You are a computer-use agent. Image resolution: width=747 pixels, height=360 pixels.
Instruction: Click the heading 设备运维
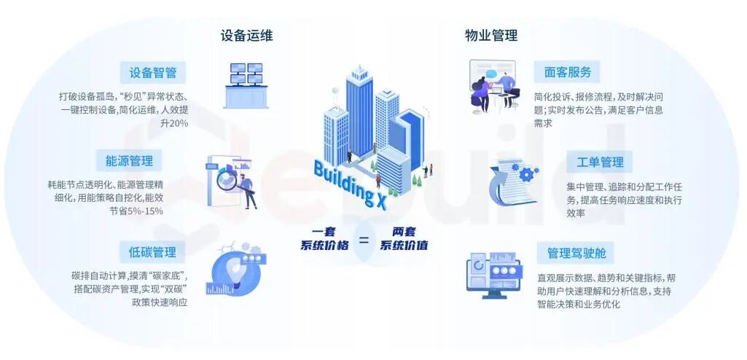click(246, 36)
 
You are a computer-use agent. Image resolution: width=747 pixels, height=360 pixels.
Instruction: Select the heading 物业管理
click(491, 36)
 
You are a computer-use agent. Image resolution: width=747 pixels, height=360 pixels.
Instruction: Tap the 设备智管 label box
click(153, 72)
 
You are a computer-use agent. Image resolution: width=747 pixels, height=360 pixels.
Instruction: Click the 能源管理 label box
click(130, 160)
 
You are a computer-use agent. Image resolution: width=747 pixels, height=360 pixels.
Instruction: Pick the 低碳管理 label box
click(152, 252)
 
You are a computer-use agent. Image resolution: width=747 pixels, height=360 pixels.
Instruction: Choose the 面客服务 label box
click(567, 72)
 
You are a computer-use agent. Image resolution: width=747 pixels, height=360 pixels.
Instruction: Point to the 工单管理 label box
click(600, 162)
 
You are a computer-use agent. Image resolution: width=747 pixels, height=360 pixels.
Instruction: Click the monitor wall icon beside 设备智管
click(246, 86)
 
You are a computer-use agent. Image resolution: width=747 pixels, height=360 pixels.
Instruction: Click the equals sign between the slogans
click(364, 240)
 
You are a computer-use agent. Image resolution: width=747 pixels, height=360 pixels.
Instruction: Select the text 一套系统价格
click(324, 239)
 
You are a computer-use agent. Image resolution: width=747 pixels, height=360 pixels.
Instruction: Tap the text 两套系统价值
click(403, 239)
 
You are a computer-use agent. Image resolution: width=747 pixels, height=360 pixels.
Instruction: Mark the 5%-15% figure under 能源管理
click(145, 211)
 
